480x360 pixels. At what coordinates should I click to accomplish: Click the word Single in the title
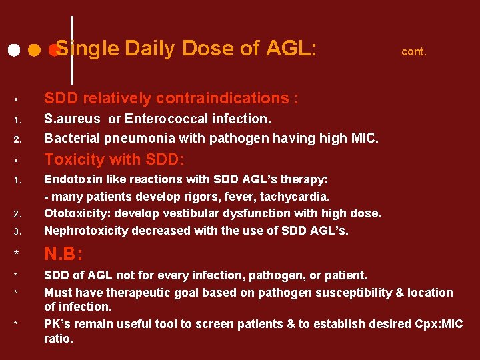coord(87,49)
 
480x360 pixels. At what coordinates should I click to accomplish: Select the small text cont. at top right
coord(413,51)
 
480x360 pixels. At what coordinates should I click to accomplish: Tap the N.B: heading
coord(65,254)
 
